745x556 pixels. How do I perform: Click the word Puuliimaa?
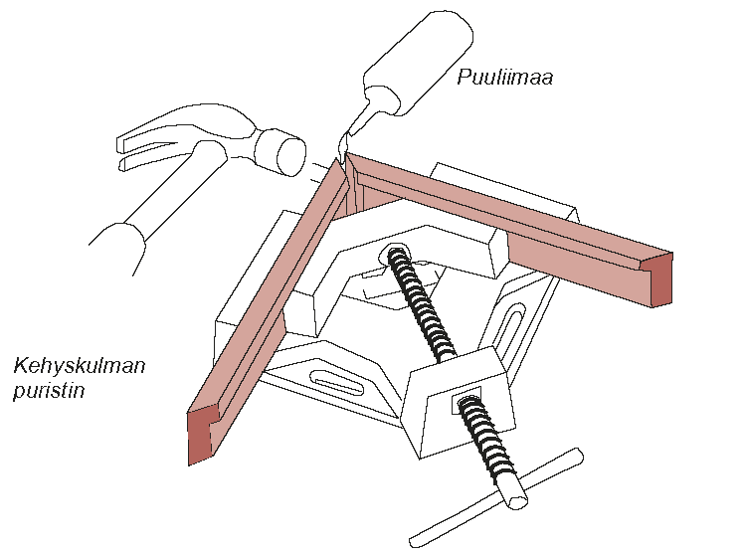(505, 77)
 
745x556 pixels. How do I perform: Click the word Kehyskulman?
(79, 366)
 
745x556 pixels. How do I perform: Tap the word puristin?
(49, 391)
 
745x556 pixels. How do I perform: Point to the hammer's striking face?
(290, 156)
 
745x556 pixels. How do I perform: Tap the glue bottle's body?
(418, 62)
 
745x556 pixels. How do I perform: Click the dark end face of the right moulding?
(661, 280)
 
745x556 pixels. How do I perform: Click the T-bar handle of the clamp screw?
(496, 497)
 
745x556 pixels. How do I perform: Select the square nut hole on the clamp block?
(466, 400)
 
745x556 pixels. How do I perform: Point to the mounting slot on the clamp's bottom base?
(336, 383)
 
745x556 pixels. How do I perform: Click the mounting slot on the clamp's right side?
(510, 328)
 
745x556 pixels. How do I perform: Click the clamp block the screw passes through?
(457, 403)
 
